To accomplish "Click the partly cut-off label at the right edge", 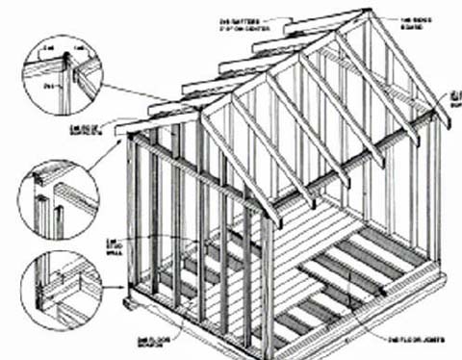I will (x=454, y=94).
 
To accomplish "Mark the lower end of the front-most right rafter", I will (x=275, y=220).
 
